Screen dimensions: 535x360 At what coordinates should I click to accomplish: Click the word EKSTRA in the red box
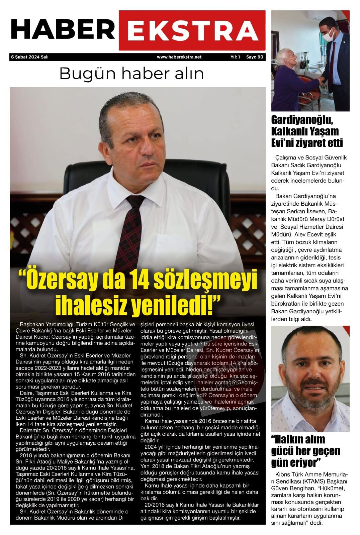point(192,30)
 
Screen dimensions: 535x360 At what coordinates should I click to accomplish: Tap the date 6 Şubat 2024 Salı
point(30,57)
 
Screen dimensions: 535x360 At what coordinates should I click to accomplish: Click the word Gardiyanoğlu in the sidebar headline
point(305,120)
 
